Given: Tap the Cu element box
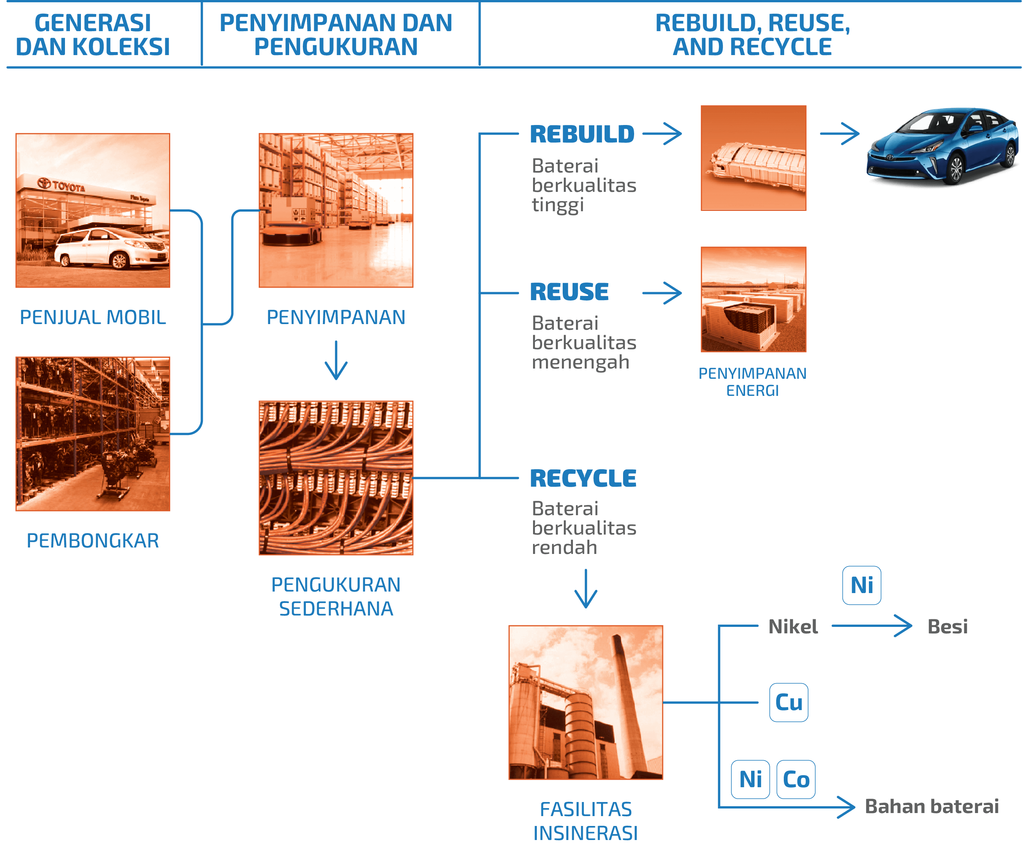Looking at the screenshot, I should click(788, 702).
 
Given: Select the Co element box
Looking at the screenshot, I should click(796, 779).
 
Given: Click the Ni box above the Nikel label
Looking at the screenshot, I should click(861, 585).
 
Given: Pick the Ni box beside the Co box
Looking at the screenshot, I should click(750, 779).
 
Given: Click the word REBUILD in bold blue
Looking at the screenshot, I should click(582, 134).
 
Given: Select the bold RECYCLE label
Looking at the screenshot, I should click(583, 478).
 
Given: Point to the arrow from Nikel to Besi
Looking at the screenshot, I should click(871, 626).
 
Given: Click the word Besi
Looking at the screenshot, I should click(947, 627).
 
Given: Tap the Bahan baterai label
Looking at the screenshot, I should click(932, 807).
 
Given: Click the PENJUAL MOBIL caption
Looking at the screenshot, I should click(93, 317).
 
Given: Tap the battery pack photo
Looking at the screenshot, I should click(753, 158).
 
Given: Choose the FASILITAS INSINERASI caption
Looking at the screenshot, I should click(585, 821).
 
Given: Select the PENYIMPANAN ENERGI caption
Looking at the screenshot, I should click(752, 382).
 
